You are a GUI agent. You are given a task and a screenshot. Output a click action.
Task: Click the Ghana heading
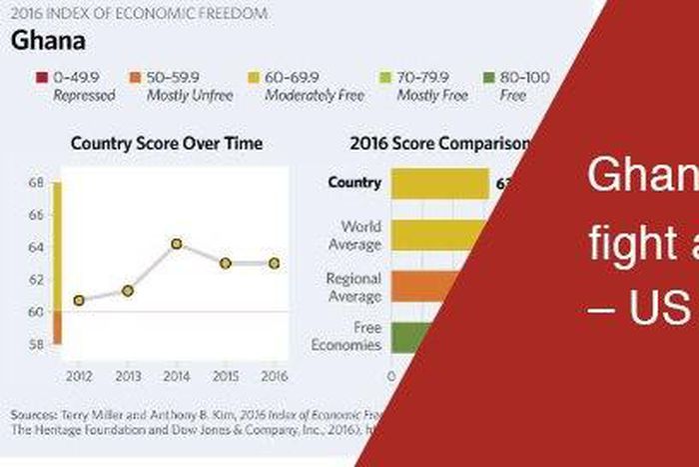[x=47, y=42]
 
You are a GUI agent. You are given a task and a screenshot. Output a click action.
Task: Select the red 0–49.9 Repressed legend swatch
[x=42, y=77]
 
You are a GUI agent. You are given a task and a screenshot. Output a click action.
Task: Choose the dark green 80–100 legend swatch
[x=486, y=77]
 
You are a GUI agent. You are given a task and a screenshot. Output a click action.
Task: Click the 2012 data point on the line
[x=79, y=300]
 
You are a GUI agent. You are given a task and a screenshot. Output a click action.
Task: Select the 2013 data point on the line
[x=128, y=290]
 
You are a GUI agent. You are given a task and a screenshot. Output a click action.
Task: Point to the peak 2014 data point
[x=177, y=243]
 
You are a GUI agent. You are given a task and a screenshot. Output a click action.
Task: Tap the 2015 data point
[x=226, y=263]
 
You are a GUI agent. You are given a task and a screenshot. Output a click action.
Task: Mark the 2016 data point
[x=275, y=263]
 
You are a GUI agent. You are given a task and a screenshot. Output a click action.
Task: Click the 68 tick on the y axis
[x=37, y=183]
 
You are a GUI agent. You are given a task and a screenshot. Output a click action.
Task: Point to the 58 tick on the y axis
[x=37, y=344]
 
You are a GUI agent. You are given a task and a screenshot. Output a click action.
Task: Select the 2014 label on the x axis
[x=177, y=376]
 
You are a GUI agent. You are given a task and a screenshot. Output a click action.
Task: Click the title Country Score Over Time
[x=167, y=144]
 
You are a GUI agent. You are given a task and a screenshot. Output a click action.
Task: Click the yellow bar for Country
[x=438, y=183]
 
